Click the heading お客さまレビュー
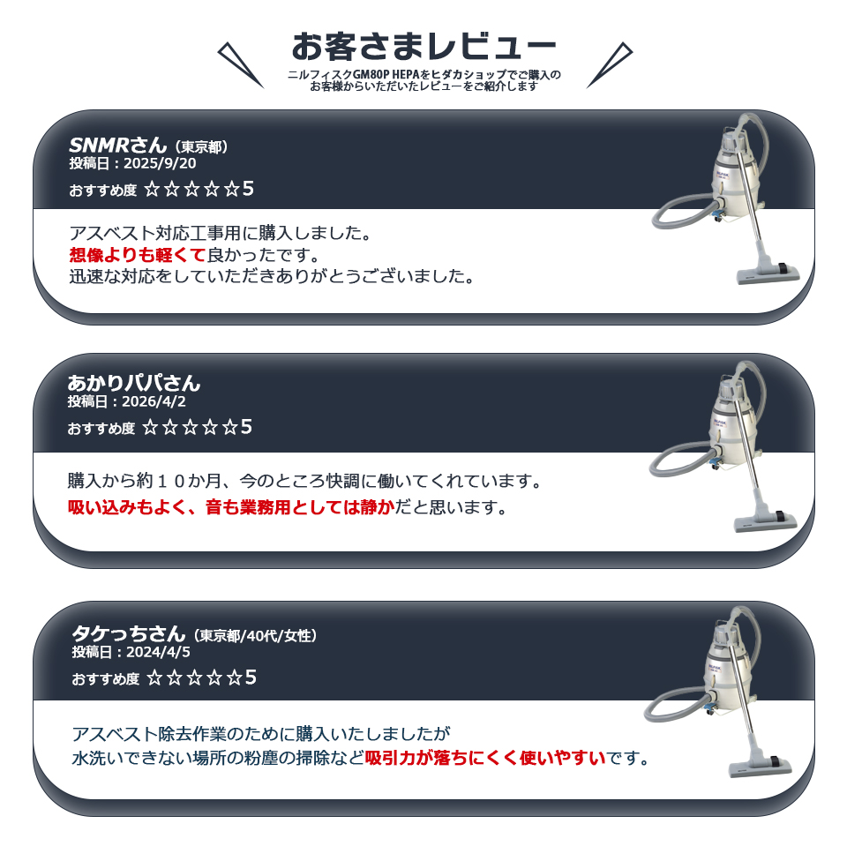click(x=423, y=46)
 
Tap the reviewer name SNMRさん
click(x=117, y=145)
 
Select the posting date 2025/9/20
click(x=160, y=163)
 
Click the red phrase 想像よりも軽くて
click(x=138, y=255)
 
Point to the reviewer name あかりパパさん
click(x=133, y=383)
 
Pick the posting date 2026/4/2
click(x=154, y=401)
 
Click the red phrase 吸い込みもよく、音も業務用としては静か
click(x=231, y=507)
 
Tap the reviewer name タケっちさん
click(x=129, y=633)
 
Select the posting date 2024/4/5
click(x=158, y=652)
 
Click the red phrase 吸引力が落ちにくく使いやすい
click(x=485, y=758)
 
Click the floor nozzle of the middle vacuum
click(x=766, y=520)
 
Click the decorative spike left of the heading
click(x=240, y=64)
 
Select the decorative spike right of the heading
click(x=610, y=64)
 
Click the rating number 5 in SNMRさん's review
click(x=248, y=189)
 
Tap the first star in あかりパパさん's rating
click(x=150, y=427)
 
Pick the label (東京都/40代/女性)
click(x=255, y=636)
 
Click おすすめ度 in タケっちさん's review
click(x=106, y=679)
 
